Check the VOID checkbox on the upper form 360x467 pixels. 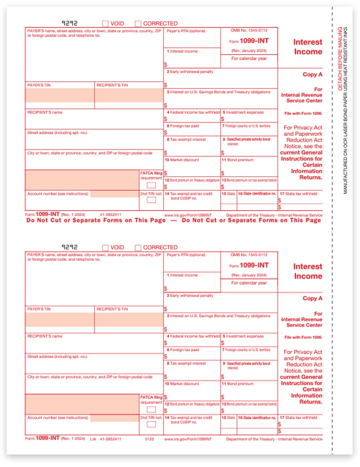[x=105, y=23]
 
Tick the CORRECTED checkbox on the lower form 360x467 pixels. [x=138, y=248]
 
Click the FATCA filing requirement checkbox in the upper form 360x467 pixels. [x=151, y=185]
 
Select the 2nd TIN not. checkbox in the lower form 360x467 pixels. [x=151, y=424]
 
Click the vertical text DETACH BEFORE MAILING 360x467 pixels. [x=340, y=59]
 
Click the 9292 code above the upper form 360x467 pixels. [x=70, y=23]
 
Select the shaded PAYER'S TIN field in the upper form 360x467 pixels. [x=60, y=95]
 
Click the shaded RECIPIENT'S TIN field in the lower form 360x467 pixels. [x=129, y=320]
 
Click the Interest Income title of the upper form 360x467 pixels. [x=307, y=47]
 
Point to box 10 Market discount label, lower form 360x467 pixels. [x=183, y=384]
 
